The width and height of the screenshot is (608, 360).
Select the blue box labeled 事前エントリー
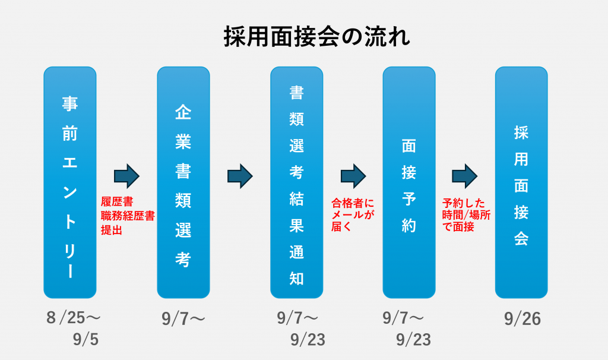[x=70, y=182]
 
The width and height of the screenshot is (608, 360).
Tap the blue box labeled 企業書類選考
[x=183, y=182]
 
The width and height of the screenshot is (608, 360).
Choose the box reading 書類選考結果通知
[x=296, y=182]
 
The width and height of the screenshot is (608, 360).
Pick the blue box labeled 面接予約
[x=408, y=182]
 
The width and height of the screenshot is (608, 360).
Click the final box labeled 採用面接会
[x=521, y=182]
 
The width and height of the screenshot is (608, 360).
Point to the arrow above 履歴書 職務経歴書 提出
[x=126, y=176]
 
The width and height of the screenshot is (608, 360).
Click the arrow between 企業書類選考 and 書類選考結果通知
[x=240, y=176]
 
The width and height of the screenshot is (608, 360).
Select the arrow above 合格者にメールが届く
[x=353, y=176]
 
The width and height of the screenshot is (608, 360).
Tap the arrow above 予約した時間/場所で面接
[x=465, y=176]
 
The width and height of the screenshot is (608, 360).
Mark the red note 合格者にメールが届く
[x=353, y=214]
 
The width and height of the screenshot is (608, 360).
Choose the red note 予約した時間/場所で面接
[x=466, y=214]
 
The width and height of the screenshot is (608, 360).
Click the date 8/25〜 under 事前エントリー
[x=73, y=318]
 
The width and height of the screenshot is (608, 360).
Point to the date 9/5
[x=85, y=339]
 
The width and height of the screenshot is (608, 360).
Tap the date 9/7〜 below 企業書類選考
[x=183, y=319]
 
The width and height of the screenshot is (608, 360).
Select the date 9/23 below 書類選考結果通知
[x=308, y=339]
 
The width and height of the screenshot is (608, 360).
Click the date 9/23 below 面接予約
[x=413, y=339]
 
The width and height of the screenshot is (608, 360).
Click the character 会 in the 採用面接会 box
[x=521, y=238]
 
